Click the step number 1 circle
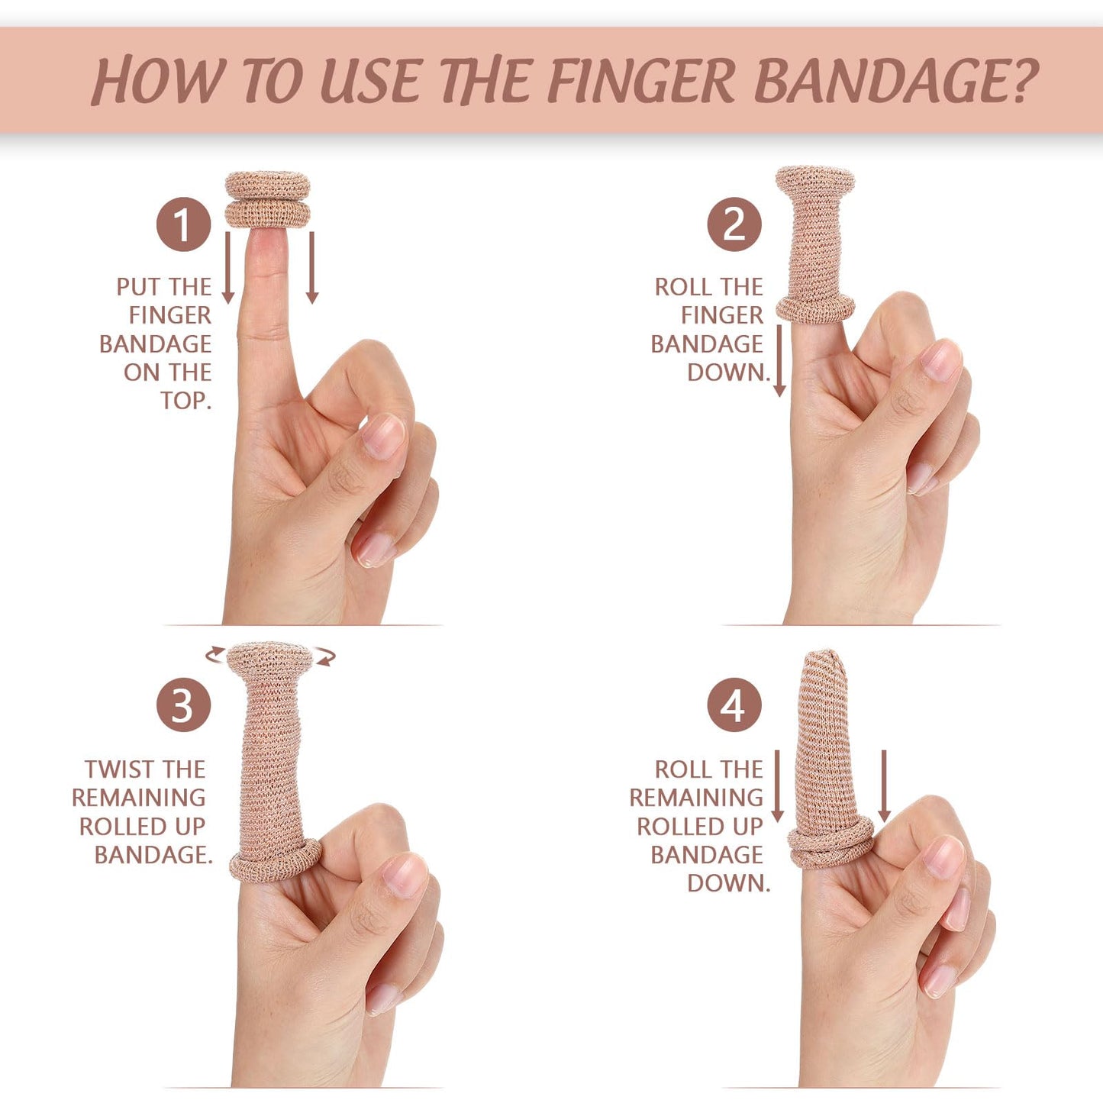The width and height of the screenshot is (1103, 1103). (183, 224)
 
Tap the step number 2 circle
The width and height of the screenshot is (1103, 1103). (734, 224)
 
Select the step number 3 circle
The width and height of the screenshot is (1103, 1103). (183, 705)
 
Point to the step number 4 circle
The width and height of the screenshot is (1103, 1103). (734, 705)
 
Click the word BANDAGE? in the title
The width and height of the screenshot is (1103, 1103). (896, 81)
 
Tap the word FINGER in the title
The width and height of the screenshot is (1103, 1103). (641, 81)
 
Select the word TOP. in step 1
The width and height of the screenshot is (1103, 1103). (185, 401)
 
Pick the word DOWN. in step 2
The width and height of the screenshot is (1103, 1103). (728, 373)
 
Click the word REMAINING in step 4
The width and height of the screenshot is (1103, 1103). (696, 798)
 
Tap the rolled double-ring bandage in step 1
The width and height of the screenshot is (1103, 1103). (267, 200)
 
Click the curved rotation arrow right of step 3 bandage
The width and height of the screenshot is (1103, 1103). (326, 656)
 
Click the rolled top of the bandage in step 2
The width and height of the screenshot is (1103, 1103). (815, 180)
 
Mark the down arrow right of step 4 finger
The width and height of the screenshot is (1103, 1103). (884, 786)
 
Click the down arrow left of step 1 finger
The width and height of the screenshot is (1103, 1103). (227, 267)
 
